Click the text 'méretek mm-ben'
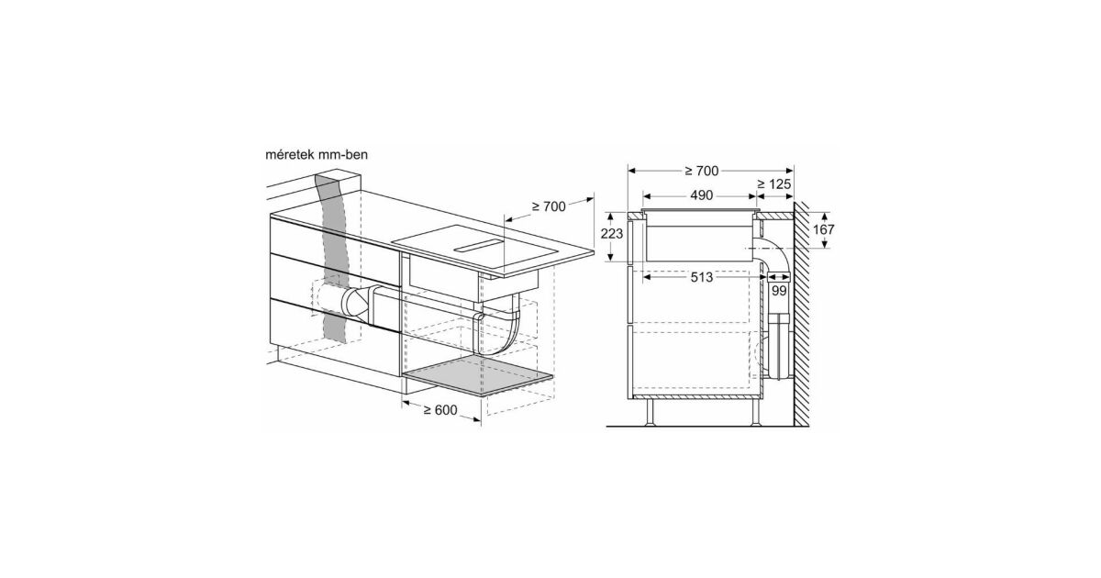pos(317,155)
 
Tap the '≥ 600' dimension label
pos(439,410)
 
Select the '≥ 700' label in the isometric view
pos(549,206)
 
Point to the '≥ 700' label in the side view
pos(701,171)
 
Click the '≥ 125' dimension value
pos(774,184)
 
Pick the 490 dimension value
pos(701,195)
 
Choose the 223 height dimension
pos(611,234)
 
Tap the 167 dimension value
pos(823,229)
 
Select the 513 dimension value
pos(701,278)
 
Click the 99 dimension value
pos(779,291)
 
